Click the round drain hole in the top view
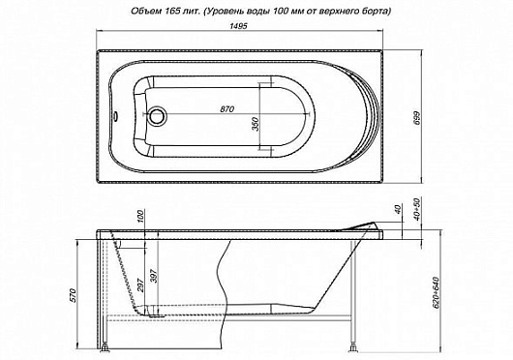(x=158, y=116)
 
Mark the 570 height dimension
(x=74, y=295)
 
